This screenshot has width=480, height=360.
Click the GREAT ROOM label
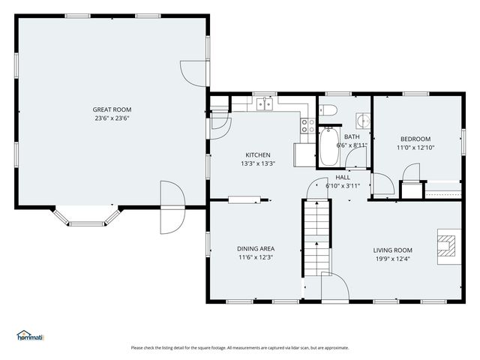pyautogui.click(x=112, y=109)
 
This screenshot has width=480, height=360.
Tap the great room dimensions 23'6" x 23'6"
pyautogui.click(x=112, y=118)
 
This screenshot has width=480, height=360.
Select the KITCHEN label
pyautogui.click(x=258, y=155)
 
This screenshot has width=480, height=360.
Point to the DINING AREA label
pyautogui.click(x=256, y=249)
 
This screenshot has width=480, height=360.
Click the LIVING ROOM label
pyautogui.click(x=393, y=250)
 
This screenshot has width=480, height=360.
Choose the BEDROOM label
pyautogui.click(x=415, y=139)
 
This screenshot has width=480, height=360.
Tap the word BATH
pyautogui.click(x=352, y=136)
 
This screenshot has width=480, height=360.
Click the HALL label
pyautogui.click(x=343, y=177)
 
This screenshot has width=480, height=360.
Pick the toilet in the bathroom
pyautogui.click(x=328, y=109)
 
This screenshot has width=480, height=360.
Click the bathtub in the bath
pyautogui.click(x=329, y=146)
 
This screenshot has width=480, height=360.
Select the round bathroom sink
pyautogui.click(x=363, y=120)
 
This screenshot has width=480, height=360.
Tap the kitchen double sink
pyautogui.click(x=265, y=103)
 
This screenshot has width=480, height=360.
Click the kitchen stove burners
pyautogui.click(x=308, y=126)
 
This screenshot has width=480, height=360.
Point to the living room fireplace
pyautogui.click(x=449, y=247)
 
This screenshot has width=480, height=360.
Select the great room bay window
pyautogui.click(x=87, y=217)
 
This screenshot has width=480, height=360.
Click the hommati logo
pyautogui.click(x=31, y=335)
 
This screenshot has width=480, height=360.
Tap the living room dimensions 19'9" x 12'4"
pyautogui.click(x=393, y=259)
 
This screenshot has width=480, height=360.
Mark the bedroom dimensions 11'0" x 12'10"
pyautogui.click(x=415, y=148)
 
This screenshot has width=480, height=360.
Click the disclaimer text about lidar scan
pyautogui.click(x=240, y=348)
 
